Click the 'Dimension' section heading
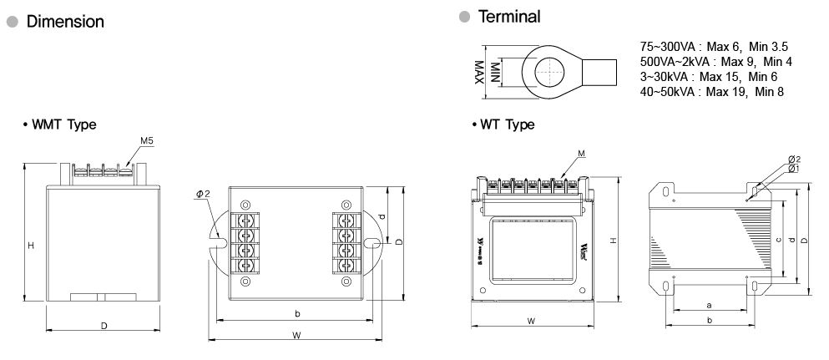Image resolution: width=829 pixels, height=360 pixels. [65, 22]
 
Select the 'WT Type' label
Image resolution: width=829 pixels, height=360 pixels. [507, 124]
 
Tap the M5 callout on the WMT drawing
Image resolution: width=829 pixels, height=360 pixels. [146, 141]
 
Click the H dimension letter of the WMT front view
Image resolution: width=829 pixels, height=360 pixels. [31, 245]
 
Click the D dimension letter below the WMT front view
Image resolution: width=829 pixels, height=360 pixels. [104, 325]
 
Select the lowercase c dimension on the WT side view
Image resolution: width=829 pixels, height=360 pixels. [777, 240]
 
